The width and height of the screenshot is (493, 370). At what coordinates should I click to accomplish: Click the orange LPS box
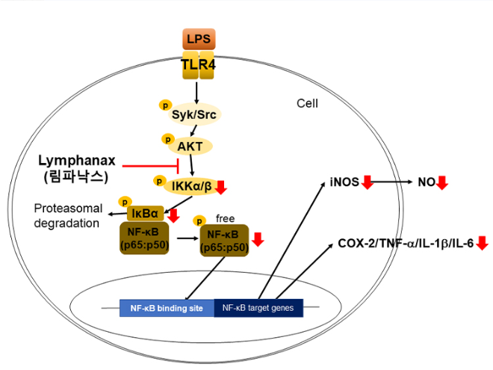(197, 38)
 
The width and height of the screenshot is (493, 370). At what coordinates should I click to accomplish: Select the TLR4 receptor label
(197, 67)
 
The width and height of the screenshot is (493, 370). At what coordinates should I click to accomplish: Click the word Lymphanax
(78, 161)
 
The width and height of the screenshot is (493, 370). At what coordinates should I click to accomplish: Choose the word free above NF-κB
(225, 219)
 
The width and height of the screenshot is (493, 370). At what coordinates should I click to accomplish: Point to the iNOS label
(344, 182)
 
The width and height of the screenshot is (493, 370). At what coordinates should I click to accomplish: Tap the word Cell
(307, 103)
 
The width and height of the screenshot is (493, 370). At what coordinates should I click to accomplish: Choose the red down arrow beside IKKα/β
(221, 187)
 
